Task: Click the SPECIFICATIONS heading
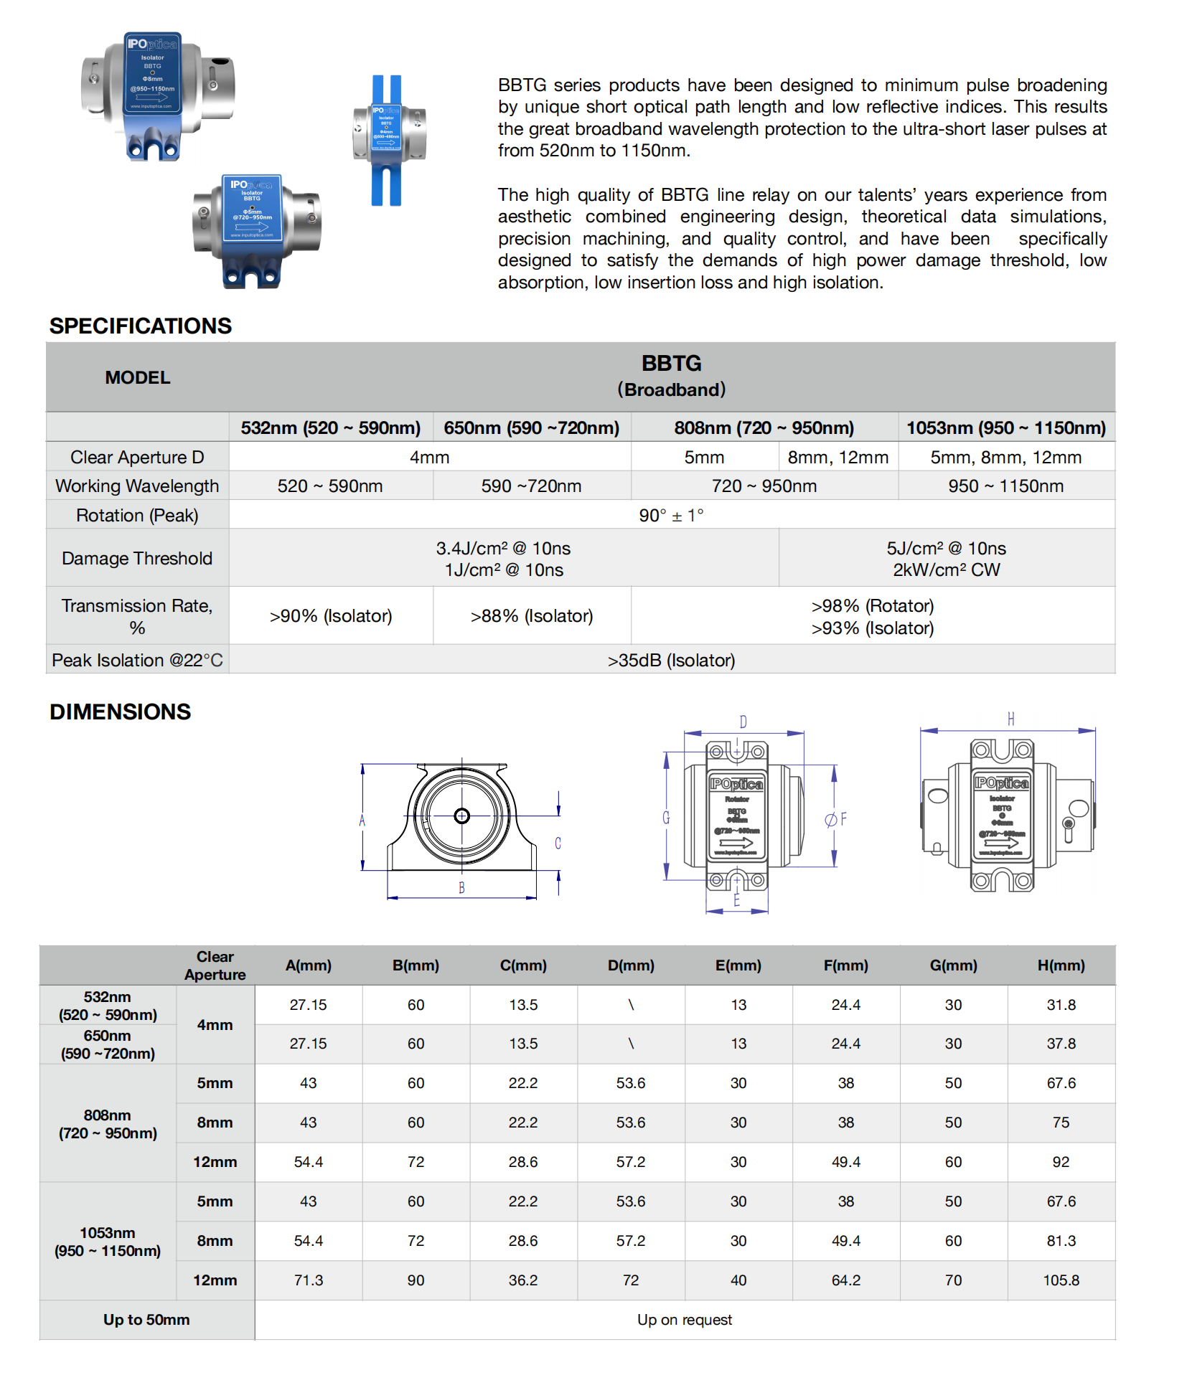click(141, 326)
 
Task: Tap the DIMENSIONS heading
click(120, 712)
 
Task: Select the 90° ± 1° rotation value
click(671, 515)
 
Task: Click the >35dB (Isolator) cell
click(671, 660)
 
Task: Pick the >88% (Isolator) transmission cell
click(532, 615)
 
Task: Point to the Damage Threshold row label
click(137, 558)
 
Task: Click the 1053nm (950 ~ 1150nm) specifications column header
click(1005, 427)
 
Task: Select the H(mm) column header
click(1061, 965)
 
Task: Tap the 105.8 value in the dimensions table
click(1061, 1280)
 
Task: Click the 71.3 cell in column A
click(309, 1280)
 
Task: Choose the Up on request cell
click(685, 1320)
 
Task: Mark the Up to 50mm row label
click(146, 1320)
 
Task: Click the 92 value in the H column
click(1061, 1162)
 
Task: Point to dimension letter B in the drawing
click(461, 888)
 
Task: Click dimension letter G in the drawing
click(666, 818)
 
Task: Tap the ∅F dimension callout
click(836, 819)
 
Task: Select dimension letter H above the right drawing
click(1010, 719)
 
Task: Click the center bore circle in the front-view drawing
click(461, 816)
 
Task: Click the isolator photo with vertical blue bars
click(388, 140)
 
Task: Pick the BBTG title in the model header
click(671, 364)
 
